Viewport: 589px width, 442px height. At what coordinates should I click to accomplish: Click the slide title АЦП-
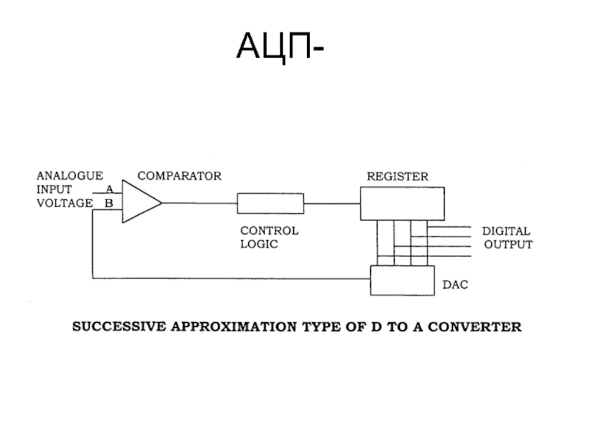(279, 48)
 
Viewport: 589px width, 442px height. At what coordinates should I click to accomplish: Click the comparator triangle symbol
(140, 202)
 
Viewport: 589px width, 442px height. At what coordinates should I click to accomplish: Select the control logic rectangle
(270, 203)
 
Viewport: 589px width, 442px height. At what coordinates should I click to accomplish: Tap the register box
(402, 203)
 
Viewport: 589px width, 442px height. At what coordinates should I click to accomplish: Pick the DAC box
(401, 281)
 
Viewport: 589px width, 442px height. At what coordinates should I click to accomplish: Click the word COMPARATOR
(179, 177)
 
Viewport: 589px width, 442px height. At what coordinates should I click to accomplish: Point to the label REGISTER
(398, 177)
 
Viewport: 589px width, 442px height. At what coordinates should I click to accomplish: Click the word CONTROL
(269, 231)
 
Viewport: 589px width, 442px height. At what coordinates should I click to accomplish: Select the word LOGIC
(259, 244)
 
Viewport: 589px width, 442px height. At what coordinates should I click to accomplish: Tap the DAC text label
(454, 284)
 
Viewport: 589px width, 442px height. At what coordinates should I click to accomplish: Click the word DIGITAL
(506, 231)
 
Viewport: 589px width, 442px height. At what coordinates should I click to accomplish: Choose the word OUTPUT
(508, 245)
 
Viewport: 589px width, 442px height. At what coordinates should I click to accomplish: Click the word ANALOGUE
(70, 176)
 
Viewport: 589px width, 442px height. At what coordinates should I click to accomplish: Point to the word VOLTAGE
(65, 203)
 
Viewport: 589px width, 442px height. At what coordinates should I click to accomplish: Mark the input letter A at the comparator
(109, 189)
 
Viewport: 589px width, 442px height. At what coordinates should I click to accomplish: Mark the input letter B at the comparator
(109, 203)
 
